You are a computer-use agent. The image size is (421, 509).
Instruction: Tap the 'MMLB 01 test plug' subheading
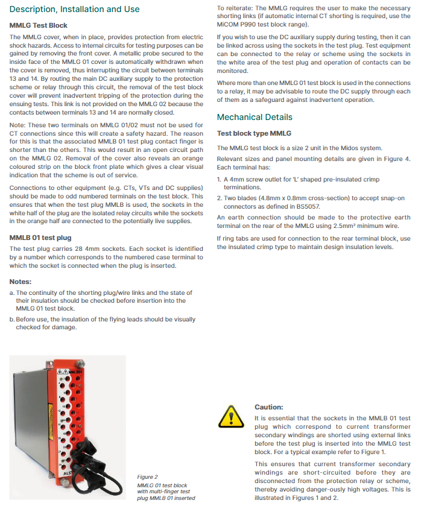coord(40,238)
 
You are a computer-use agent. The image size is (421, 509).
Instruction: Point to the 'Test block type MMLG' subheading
coord(254,133)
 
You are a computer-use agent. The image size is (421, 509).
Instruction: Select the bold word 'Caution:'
coord(268,407)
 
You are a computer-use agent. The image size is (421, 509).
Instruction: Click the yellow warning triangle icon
coord(229,417)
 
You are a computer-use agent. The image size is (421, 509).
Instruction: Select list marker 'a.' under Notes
coord(12,292)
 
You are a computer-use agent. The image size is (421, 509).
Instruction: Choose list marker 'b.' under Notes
coord(12,320)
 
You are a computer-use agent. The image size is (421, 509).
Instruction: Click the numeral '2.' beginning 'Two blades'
coord(219,197)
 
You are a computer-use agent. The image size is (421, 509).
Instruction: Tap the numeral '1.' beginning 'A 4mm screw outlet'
coord(219,180)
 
